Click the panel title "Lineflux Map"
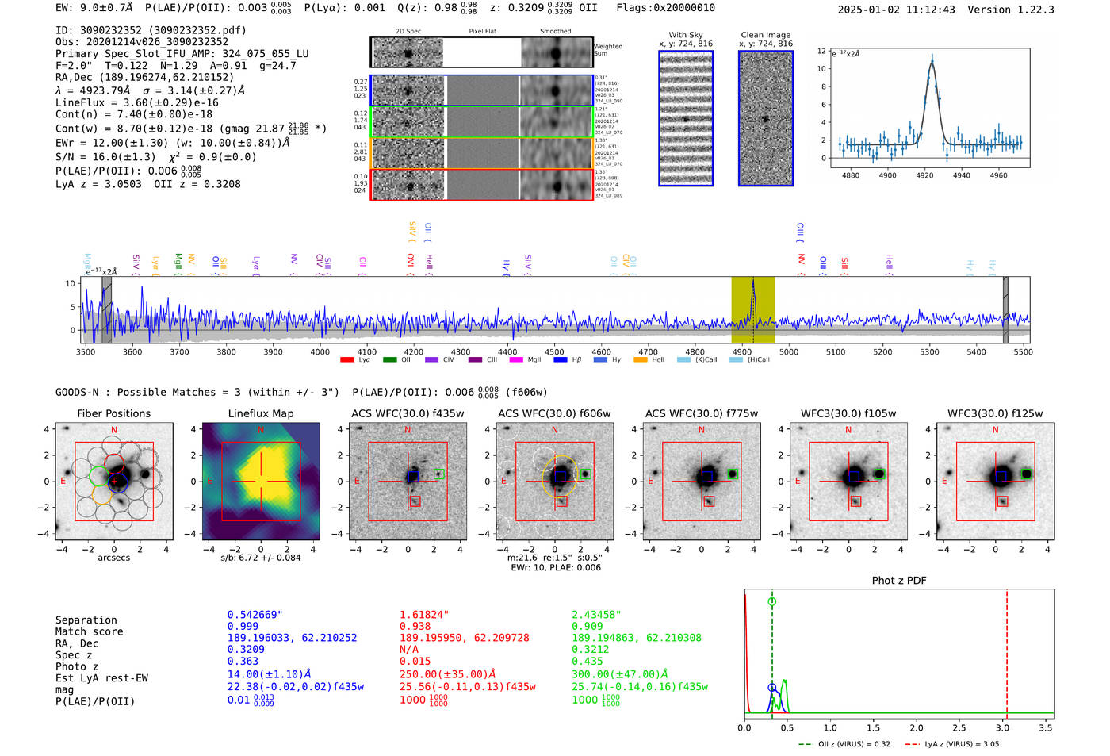pos(260,413)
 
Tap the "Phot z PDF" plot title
pos(899,581)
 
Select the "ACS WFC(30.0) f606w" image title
pos(554,413)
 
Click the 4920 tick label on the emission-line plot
pos(924,175)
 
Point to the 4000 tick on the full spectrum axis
pos(320,351)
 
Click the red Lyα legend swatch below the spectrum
pos(346,360)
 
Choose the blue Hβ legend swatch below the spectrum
pos(561,360)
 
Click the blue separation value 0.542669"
pos(255,615)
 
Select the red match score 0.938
pos(415,627)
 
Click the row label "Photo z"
pos(77,666)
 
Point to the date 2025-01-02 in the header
pos(869,10)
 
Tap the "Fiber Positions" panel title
pos(113,413)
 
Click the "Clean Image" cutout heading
pos(765,35)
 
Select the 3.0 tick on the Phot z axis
pos(1003,727)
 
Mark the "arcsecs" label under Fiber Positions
pos(113,558)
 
